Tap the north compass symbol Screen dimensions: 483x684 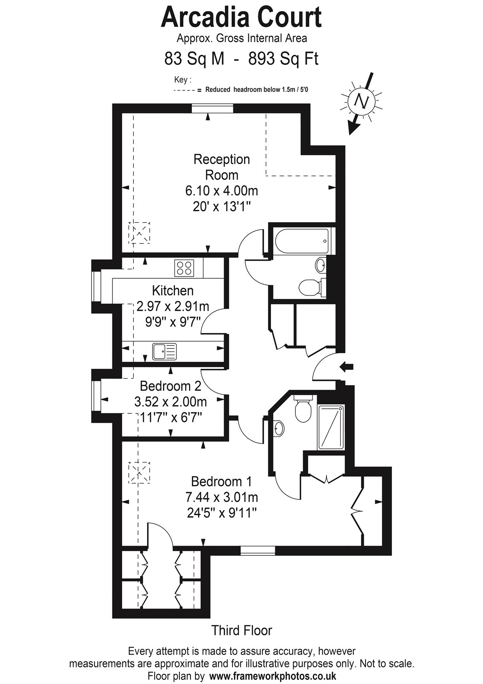[x=362, y=102]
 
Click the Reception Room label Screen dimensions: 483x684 [x=222, y=167]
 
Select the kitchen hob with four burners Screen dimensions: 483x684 [x=184, y=268]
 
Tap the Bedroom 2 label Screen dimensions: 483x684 [x=171, y=386]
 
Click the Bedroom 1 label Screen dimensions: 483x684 [x=222, y=481]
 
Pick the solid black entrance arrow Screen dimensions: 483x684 [x=347, y=367]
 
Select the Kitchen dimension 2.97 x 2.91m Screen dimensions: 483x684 [x=173, y=306]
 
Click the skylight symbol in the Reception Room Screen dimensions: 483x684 [x=139, y=233]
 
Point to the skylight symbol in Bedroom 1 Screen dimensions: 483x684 [x=139, y=473]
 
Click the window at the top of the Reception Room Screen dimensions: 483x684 [x=212, y=109]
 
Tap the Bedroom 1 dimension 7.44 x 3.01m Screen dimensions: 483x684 [x=222, y=498]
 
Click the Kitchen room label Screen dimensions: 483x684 [x=173, y=290]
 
